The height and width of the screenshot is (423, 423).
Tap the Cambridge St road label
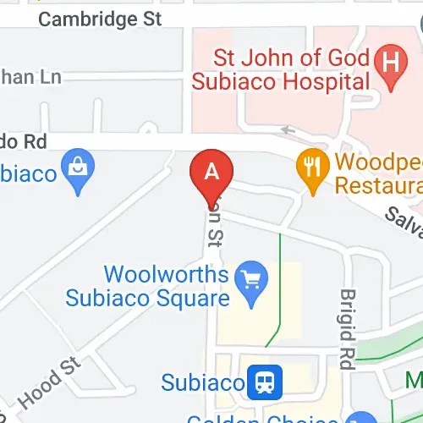pos(101,19)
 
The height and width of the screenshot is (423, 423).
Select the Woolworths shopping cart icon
pos(251,276)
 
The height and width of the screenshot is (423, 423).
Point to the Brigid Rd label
pos(348,328)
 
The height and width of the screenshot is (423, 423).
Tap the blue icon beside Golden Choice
pos(365,417)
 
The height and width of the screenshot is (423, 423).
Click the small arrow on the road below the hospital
pos(286,130)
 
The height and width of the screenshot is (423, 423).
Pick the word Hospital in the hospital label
pos(330,82)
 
